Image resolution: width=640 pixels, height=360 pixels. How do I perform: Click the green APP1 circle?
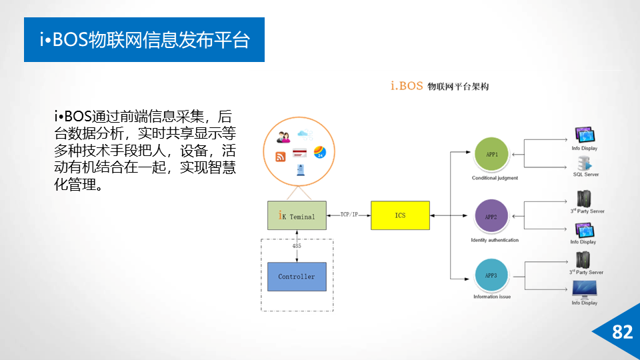492,155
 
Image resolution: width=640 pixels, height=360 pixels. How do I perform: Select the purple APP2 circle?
492,217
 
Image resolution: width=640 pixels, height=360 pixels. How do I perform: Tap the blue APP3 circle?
492,275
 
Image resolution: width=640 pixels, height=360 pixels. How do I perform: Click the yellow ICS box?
400,215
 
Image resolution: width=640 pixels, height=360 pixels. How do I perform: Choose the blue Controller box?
297,277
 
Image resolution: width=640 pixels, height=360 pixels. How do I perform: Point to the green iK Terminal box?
297,215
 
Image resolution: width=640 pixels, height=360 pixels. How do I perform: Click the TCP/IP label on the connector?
349,215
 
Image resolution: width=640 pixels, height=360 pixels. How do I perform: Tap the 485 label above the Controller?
297,246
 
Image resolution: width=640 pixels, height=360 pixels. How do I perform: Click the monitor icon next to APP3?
585,289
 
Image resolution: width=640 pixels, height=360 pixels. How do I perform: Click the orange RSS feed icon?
281,157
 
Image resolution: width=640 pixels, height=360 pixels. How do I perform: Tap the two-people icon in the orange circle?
283,137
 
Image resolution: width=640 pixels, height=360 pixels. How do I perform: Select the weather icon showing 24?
319,151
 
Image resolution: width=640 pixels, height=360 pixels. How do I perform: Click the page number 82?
622,332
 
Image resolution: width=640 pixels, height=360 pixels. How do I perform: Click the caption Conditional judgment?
495,178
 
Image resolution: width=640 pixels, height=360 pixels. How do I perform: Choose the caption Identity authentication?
494,240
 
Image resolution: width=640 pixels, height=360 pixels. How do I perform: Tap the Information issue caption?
492,297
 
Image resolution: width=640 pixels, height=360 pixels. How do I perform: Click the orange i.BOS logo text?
407,85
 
